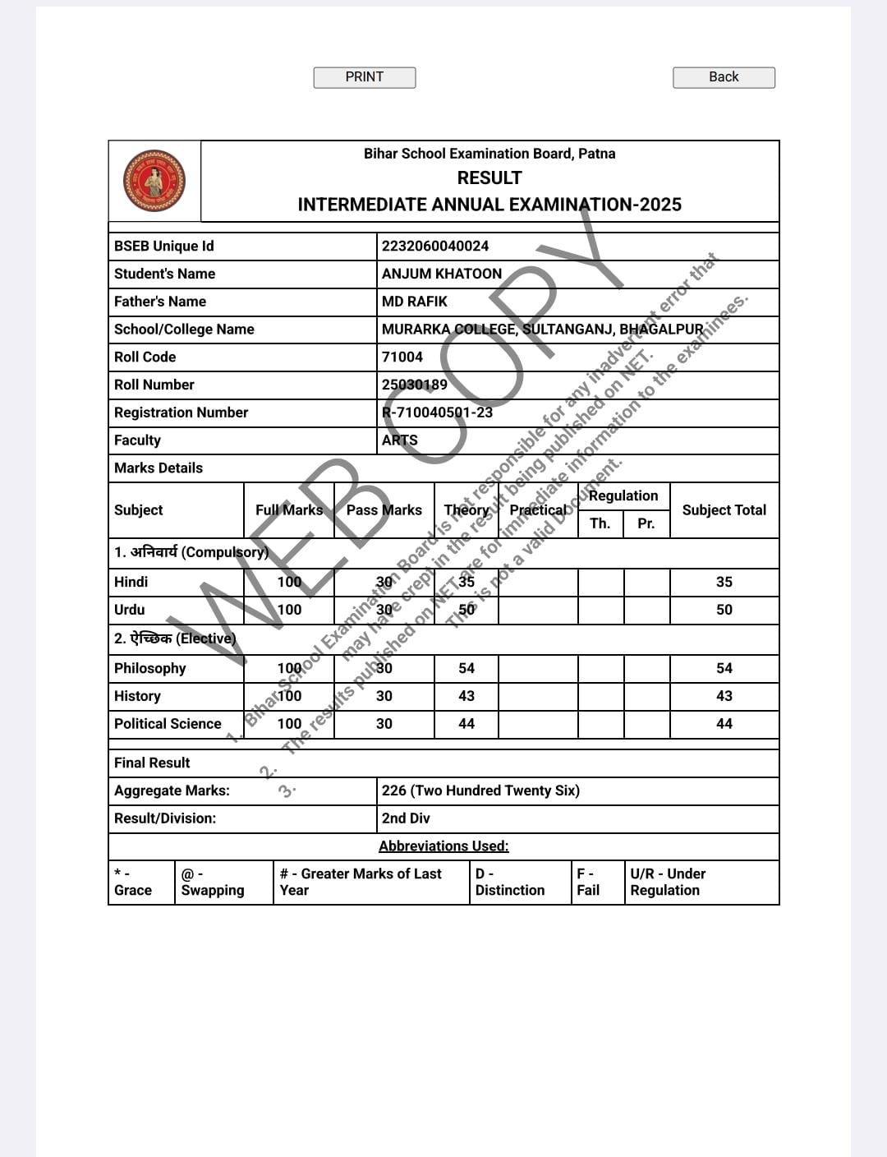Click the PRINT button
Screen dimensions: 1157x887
coord(364,77)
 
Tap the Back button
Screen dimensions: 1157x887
coord(724,77)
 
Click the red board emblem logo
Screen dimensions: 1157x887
coord(154,181)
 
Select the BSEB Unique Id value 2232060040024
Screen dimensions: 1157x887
coord(435,246)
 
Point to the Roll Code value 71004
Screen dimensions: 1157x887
coord(402,357)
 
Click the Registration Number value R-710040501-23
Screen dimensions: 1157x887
coord(437,413)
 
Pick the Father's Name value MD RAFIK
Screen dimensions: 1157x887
coord(415,302)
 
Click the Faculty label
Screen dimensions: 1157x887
coord(138,440)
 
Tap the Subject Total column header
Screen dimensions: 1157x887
coord(724,510)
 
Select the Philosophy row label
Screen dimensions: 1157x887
coord(150,668)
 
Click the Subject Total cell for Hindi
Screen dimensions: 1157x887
coord(724,582)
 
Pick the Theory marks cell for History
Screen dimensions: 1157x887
coord(466,696)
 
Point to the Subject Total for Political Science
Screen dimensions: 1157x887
coord(724,724)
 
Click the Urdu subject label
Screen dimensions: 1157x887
coord(130,610)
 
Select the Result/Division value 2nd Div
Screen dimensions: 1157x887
coord(406,818)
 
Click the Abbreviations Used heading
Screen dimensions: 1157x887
coord(443,846)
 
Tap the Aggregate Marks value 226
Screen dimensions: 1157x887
coord(480,791)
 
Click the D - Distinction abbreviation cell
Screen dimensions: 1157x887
coord(510,882)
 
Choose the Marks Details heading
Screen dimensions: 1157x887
coord(159,468)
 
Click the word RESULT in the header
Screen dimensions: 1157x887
coord(489,178)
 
